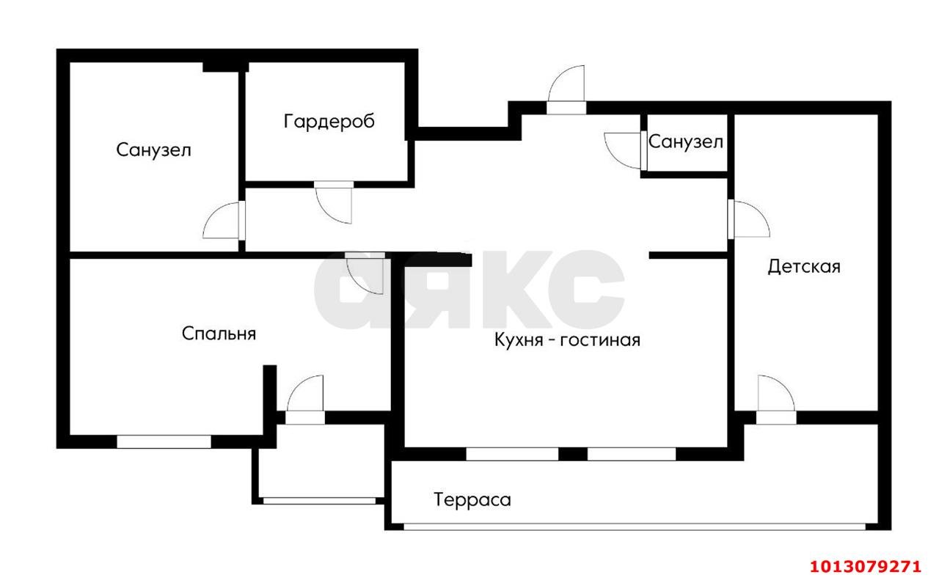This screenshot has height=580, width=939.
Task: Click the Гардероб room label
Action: [329, 122]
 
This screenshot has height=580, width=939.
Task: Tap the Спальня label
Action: [219, 334]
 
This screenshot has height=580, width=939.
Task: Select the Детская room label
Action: [804, 267]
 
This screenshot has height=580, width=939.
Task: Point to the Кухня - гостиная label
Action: [567, 340]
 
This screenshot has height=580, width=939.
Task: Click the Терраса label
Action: [472, 501]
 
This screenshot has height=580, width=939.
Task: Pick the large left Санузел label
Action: [153, 150]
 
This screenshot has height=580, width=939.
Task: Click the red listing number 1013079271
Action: [865, 567]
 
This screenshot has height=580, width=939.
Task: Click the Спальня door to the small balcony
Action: [305, 397]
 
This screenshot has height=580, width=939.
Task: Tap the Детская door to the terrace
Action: [775, 398]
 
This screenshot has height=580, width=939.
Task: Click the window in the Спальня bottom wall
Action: [164, 441]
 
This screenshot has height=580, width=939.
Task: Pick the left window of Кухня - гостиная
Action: [512, 454]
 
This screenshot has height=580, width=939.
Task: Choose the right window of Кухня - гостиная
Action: [632, 454]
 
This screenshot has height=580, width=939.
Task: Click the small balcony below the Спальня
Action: [319, 463]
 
